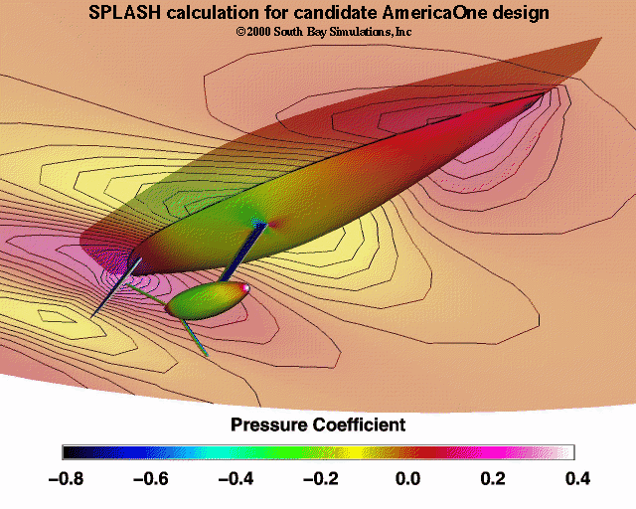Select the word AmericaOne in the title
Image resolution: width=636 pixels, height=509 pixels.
[418, 14]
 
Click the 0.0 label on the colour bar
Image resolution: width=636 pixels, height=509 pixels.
[406, 478]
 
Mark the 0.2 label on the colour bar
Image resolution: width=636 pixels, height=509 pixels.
[491, 478]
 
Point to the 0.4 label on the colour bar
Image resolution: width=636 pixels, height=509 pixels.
[576, 478]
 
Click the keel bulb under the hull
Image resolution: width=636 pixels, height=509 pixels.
[207, 301]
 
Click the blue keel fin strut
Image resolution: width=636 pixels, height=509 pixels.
[243, 251]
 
